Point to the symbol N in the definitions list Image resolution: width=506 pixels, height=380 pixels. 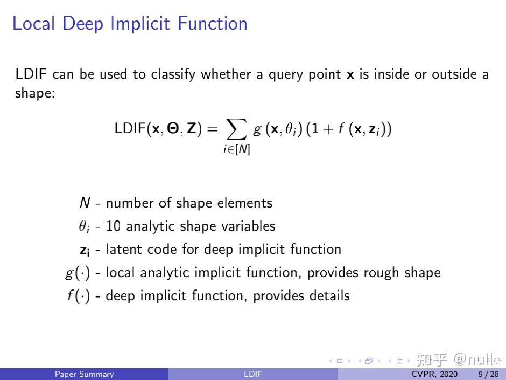[85, 203]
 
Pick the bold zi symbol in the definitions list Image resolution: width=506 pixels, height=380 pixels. [85, 250]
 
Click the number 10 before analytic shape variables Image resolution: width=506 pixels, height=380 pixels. [113, 226]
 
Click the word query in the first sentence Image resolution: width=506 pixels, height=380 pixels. [283, 74]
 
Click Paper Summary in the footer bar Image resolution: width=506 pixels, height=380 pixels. [85, 374]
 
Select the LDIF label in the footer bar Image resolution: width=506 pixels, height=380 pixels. [252, 374]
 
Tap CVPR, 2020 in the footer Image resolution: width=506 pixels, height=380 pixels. [434, 374]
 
